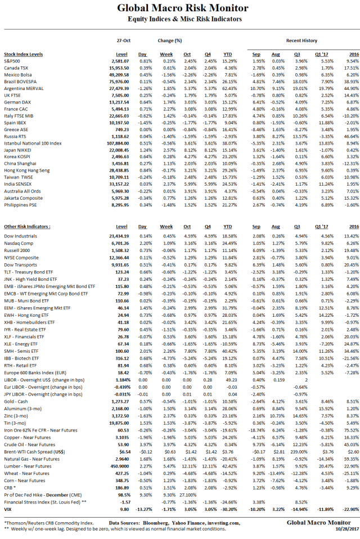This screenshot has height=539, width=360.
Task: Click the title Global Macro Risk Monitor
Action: click(x=182, y=8)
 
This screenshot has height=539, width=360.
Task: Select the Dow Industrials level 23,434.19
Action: click(x=118, y=236)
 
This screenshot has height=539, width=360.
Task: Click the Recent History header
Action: click(x=301, y=41)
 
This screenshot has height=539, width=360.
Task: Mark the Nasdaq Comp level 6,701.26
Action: click(x=120, y=242)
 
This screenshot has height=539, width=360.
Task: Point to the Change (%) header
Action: click(x=170, y=41)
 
